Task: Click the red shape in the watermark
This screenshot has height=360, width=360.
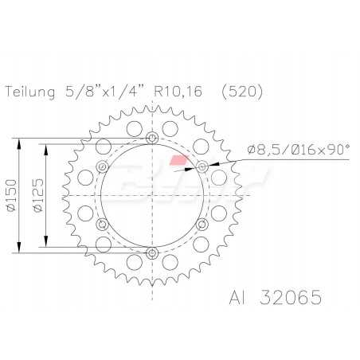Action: click(x=184, y=162)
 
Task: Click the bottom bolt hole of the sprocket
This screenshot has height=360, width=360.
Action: click(x=151, y=253)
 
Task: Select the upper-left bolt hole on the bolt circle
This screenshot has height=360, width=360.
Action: click(x=102, y=167)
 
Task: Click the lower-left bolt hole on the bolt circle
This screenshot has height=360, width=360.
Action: click(x=102, y=225)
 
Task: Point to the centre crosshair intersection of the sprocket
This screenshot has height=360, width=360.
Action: click(x=151, y=196)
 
